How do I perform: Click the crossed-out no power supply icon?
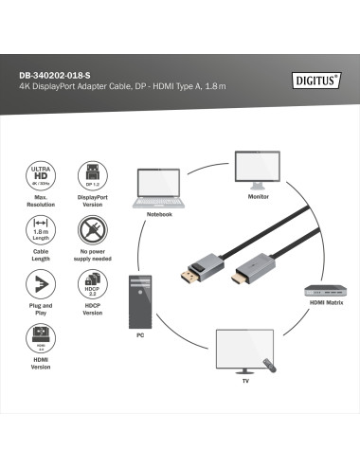click(x=93, y=229)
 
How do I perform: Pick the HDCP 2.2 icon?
click(x=93, y=283)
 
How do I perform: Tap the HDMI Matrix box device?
click(x=323, y=292)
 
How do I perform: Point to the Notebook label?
click(x=159, y=214)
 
